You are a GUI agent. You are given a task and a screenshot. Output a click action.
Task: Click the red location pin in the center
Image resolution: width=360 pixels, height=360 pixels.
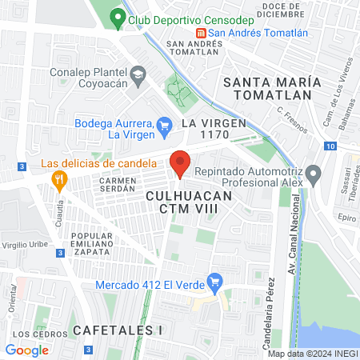click(180, 162)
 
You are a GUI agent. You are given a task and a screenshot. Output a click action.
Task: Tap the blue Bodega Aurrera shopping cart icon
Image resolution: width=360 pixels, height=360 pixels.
click(165, 124)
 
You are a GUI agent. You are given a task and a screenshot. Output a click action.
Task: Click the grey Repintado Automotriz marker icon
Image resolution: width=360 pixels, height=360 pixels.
click(313, 172)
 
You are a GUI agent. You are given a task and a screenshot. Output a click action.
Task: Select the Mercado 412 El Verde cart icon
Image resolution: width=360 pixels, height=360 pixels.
click(214, 281)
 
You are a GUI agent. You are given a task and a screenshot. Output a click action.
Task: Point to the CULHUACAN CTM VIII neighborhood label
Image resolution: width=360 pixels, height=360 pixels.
click(190, 202)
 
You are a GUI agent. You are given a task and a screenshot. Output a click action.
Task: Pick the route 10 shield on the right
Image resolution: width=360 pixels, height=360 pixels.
click(330, 146)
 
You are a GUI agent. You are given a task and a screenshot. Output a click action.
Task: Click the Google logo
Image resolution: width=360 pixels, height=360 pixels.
click(26, 350)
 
